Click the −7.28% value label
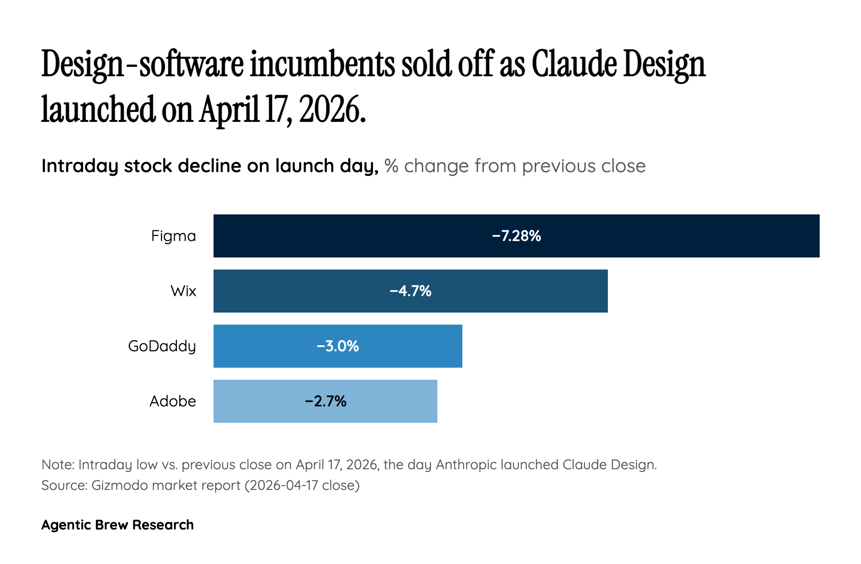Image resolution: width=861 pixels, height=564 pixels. pyautogui.click(x=516, y=236)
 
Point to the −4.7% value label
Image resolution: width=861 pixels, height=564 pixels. pyautogui.click(x=410, y=291)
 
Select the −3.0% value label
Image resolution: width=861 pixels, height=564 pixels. pyautogui.click(x=338, y=346)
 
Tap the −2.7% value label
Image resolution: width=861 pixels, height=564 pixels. pyautogui.click(x=325, y=401)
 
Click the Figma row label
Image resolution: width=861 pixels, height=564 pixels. pyautogui.click(x=173, y=236)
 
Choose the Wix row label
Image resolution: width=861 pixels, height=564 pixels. pyautogui.click(x=183, y=291)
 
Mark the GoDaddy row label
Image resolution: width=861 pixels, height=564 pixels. pyautogui.click(x=162, y=346)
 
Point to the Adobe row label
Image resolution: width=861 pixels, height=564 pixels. pyautogui.click(x=173, y=401)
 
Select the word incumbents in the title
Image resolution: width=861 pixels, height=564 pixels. pyautogui.click(x=322, y=65)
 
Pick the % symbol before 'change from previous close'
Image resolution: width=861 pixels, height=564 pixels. pyautogui.click(x=391, y=166)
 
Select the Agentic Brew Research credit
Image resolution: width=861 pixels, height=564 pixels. pyautogui.click(x=118, y=525)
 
